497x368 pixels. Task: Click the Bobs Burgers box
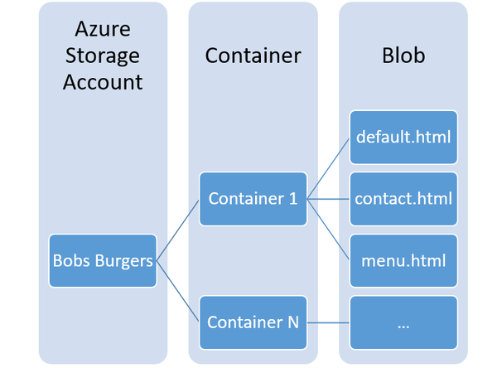[103, 261]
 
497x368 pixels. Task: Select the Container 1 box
[253, 199]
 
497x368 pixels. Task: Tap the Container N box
[253, 322]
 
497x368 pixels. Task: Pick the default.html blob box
[403, 137]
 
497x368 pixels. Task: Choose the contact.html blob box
[403, 199]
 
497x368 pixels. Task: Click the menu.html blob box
[403, 260]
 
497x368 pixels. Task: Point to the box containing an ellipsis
[403, 322]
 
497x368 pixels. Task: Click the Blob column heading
[403, 56]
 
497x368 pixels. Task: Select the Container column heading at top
[253, 56]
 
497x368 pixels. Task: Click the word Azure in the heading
[103, 30]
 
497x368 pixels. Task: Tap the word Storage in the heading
[103, 56]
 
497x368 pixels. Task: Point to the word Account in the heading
[103, 81]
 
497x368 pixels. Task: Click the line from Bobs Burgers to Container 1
[178, 230]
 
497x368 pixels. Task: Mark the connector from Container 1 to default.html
[329, 168]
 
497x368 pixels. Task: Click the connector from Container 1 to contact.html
[329, 199]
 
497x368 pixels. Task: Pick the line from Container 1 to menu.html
[329, 230]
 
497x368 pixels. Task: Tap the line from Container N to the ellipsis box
[329, 322]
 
